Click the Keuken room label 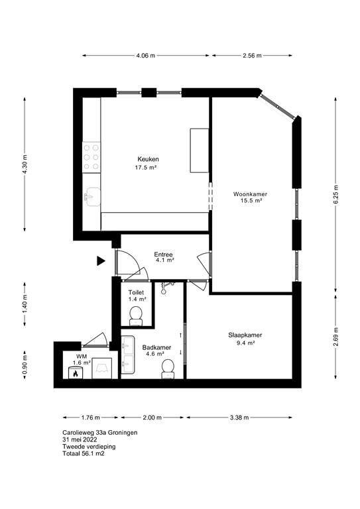click(x=148, y=159)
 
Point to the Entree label click(x=164, y=254)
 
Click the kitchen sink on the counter click(x=91, y=196)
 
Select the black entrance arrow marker click(x=101, y=261)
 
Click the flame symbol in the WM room click(x=75, y=373)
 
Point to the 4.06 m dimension click(x=145, y=56)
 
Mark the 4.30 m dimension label click(x=25, y=164)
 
